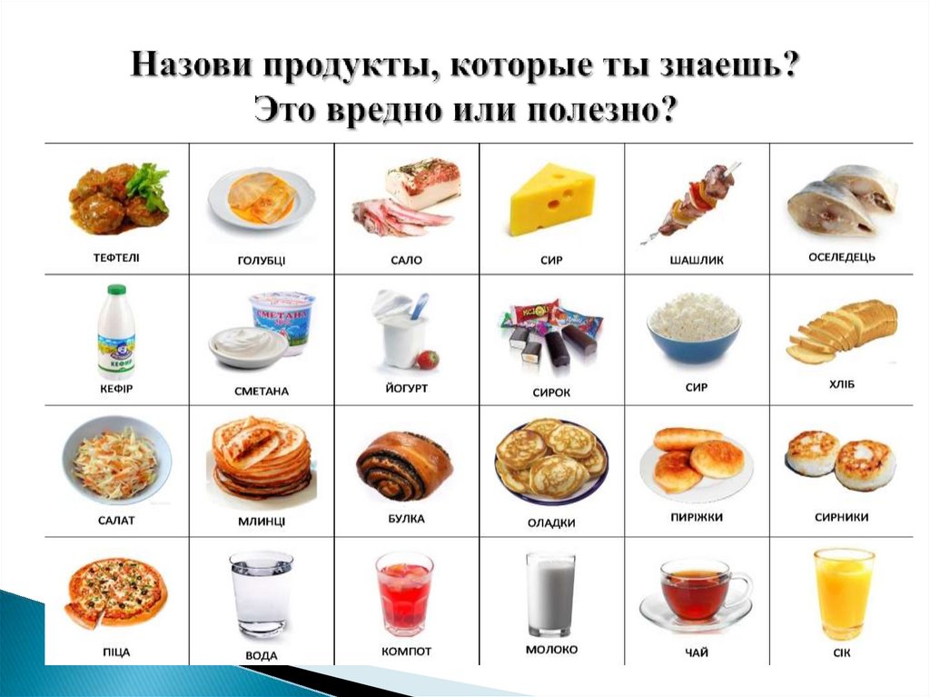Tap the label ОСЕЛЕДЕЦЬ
[x=841, y=257]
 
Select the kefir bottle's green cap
[x=116, y=290]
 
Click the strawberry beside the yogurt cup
[x=428, y=359]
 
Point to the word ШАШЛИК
[x=696, y=260]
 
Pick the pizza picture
[x=115, y=592]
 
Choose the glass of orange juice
[x=844, y=592]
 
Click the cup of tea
[x=695, y=592]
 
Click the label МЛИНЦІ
[x=262, y=521]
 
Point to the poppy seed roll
[x=404, y=464]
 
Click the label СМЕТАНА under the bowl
[x=262, y=392]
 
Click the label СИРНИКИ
[x=841, y=517]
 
